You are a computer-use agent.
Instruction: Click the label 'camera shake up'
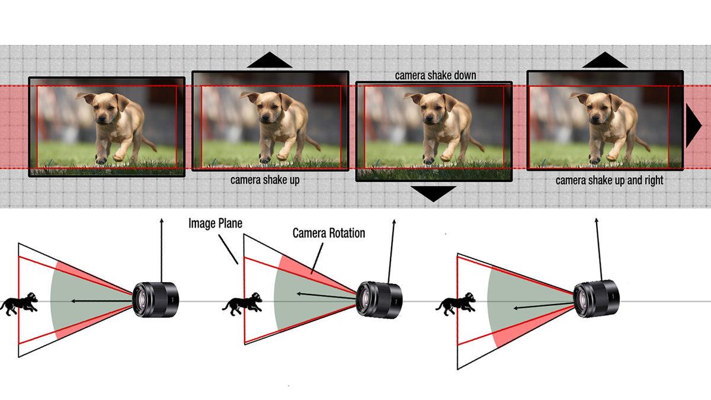(265, 180)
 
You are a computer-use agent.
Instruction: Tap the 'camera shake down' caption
(435, 75)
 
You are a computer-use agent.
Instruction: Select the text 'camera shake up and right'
(609, 180)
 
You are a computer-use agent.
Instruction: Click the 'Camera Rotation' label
(329, 233)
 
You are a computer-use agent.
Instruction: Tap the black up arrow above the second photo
(270, 60)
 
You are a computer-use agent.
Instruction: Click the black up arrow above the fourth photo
(604, 60)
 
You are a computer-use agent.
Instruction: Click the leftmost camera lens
(155, 299)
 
